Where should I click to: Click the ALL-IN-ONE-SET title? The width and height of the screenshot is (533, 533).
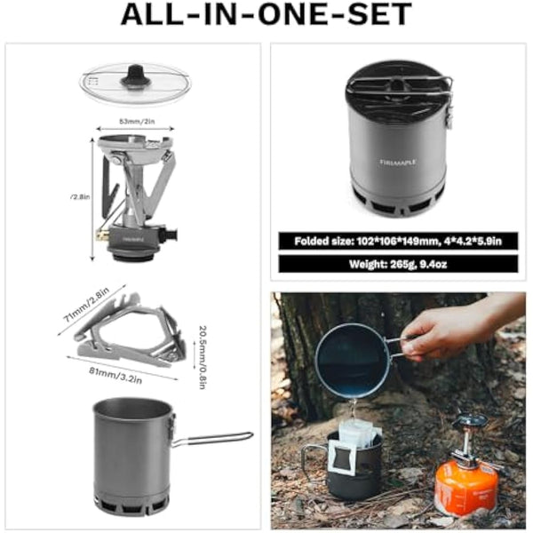point(266,15)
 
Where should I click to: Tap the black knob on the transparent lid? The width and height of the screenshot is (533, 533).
point(134,78)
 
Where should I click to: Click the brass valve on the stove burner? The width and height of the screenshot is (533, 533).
point(103,236)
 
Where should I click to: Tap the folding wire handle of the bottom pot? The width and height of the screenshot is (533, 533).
point(212,438)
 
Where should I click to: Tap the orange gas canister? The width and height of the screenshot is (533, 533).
point(466,490)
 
